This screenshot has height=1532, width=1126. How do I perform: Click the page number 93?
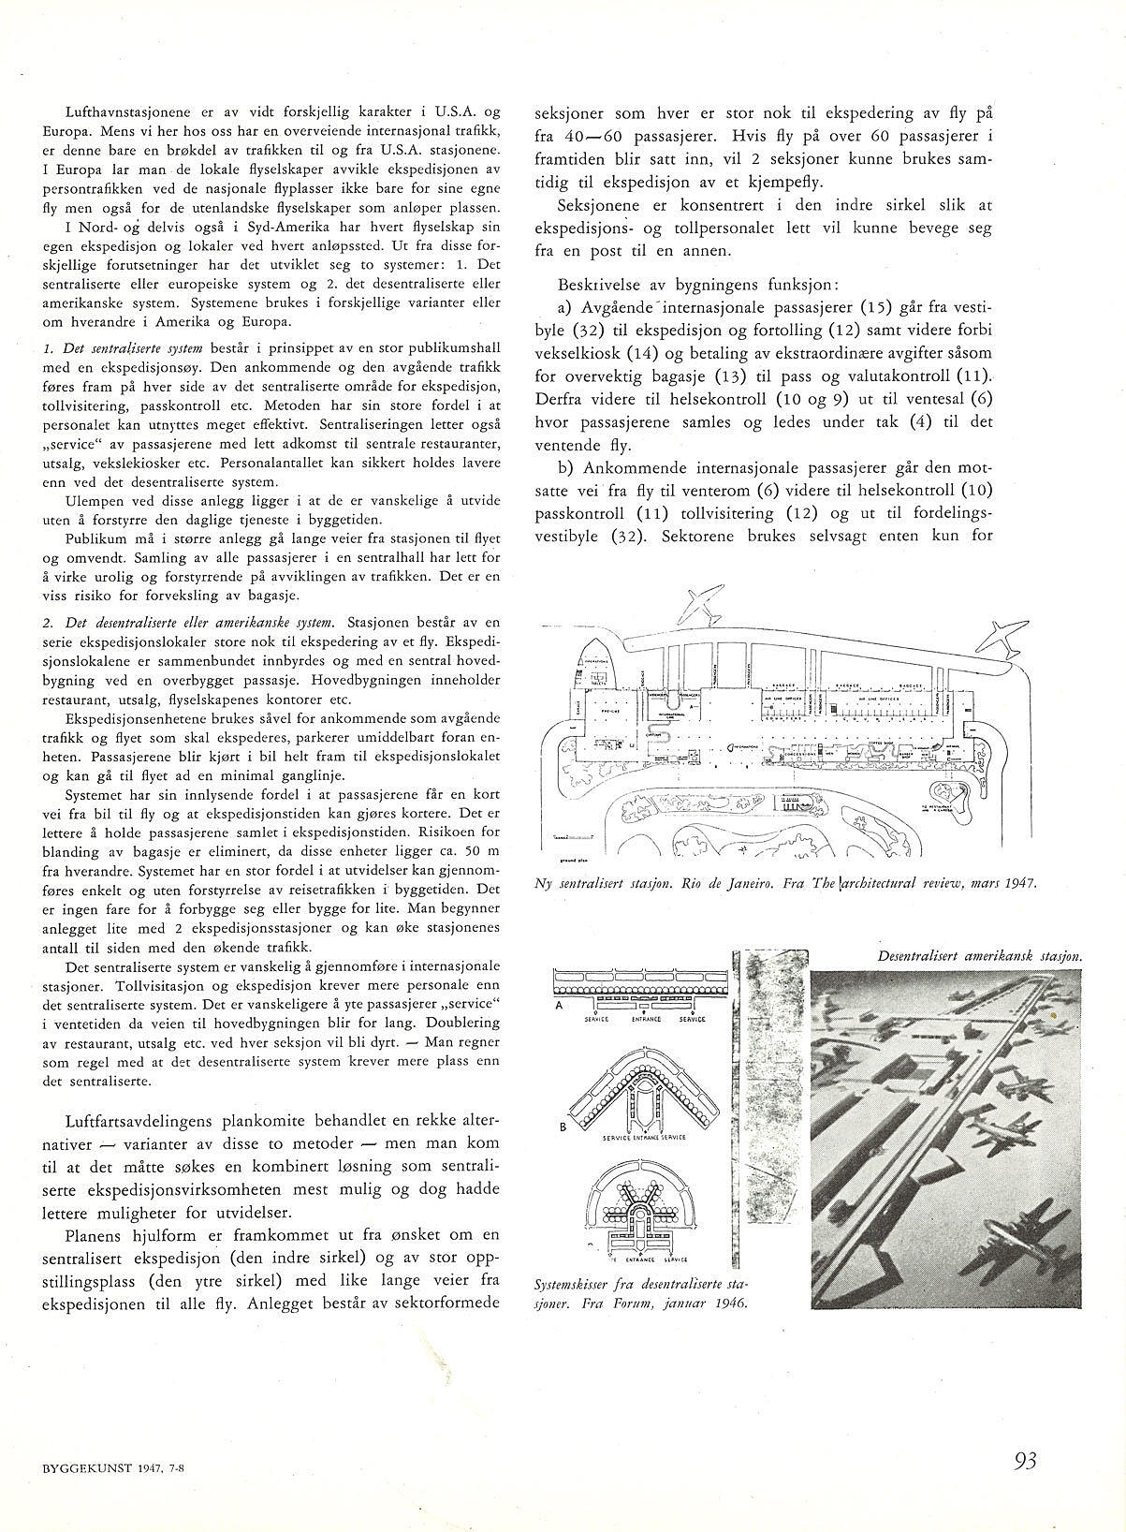[1026, 1460]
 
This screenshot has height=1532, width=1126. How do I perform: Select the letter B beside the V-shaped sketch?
[563, 1127]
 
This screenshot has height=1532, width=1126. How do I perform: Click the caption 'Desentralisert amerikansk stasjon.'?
[980, 956]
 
